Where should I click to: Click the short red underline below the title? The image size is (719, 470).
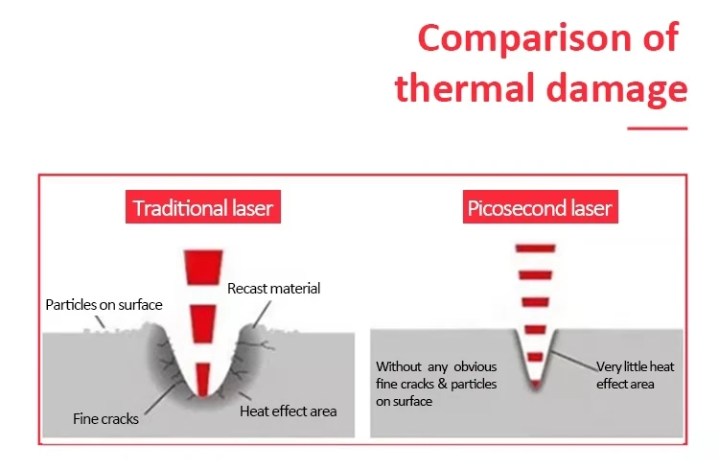click(657, 129)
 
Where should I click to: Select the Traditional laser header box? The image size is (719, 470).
click(203, 207)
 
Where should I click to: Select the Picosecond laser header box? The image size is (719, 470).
click(540, 207)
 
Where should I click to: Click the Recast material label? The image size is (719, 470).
click(274, 289)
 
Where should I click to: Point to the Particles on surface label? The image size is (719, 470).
click(104, 305)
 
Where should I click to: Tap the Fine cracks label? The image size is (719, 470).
click(105, 419)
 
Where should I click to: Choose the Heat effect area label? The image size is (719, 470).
click(288, 411)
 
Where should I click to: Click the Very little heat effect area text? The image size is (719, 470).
click(635, 375)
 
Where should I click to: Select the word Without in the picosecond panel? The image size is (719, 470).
click(399, 366)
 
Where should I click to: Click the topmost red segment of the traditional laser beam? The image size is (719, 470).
click(203, 267)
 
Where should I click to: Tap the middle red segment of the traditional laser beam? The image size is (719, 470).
click(203, 324)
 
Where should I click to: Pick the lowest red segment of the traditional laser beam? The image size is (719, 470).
click(202, 379)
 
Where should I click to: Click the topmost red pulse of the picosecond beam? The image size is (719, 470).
click(535, 248)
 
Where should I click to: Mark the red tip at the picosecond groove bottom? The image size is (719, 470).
click(536, 385)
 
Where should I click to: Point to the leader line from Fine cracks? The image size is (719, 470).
click(160, 398)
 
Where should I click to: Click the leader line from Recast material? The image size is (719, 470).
click(263, 314)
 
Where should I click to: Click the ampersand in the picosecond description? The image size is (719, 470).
click(442, 384)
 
